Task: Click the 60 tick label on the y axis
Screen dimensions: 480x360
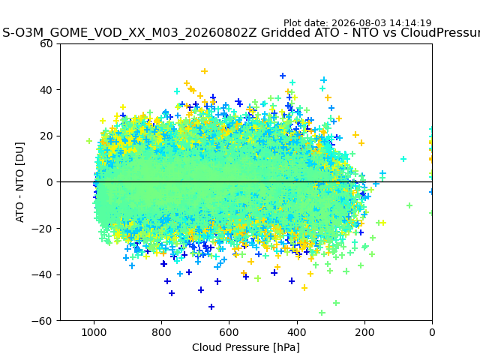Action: point(46,43)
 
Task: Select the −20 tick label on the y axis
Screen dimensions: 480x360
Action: point(42,228)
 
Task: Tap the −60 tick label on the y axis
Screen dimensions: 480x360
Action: point(42,321)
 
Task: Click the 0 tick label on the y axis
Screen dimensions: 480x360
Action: point(49,182)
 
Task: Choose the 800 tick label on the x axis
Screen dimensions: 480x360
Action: point(162,332)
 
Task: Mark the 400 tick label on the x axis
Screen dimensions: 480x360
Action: point(297,332)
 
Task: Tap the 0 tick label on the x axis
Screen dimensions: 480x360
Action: point(432,332)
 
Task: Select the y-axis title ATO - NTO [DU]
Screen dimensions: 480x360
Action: point(19,182)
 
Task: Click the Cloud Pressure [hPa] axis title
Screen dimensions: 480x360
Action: point(246,348)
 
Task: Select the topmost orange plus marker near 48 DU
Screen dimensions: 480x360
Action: point(205,71)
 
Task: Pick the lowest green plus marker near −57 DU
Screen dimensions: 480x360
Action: point(322,313)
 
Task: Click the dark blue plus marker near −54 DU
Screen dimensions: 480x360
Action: point(211,307)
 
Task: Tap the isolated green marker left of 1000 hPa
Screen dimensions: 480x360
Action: point(89,141)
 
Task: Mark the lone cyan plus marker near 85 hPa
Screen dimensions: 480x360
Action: point(403,159)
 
